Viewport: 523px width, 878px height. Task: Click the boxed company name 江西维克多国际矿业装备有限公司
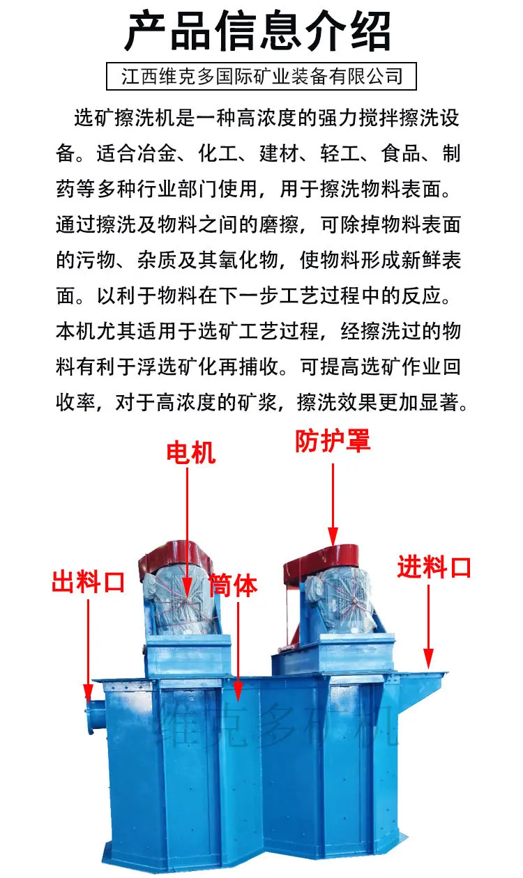coord(261,76)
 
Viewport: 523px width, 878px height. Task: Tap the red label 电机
coord(190,453)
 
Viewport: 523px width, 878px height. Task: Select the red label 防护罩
coord(333,440)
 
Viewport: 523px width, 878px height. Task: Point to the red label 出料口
coord(88,580)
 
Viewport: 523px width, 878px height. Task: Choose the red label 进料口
coord(434,567)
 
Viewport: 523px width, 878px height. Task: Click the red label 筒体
coord(233,585)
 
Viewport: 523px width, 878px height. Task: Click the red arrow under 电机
coord(188,530)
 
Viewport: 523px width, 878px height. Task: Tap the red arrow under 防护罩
coord(333,502)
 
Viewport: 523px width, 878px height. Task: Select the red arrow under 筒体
coord(238,648)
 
